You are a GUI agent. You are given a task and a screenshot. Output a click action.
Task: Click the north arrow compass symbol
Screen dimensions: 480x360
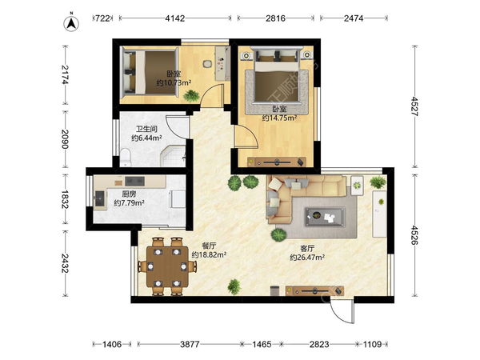pos(71,22)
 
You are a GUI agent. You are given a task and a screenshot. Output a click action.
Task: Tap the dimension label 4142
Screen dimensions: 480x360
pos(174,18)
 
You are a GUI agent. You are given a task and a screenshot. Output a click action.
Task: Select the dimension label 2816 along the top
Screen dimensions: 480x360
pos(275,18)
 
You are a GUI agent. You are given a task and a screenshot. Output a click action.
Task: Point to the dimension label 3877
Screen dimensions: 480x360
pos(190,344)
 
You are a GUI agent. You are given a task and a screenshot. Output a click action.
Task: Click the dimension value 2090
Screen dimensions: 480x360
pos(65,139)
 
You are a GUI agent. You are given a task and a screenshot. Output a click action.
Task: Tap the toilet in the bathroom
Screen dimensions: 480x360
pos(126,157)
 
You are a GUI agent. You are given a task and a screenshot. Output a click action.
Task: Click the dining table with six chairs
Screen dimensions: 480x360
pos(167,266)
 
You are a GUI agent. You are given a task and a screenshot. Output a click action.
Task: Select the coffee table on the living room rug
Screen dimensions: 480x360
pos(325,217)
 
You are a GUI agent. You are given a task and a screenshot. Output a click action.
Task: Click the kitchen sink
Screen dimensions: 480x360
pos(99,198)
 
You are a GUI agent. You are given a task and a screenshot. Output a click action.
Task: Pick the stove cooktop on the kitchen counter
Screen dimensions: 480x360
pos(134,182)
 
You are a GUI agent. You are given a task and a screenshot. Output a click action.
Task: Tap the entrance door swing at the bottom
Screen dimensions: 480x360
pos(342,310)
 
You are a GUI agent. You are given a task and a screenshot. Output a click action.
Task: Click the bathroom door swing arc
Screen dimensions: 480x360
pos(178,126)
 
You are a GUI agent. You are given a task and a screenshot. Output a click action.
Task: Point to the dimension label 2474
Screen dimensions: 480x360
pos(354,18)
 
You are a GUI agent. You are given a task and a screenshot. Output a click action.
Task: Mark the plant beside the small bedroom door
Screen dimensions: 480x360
pos(191,96)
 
